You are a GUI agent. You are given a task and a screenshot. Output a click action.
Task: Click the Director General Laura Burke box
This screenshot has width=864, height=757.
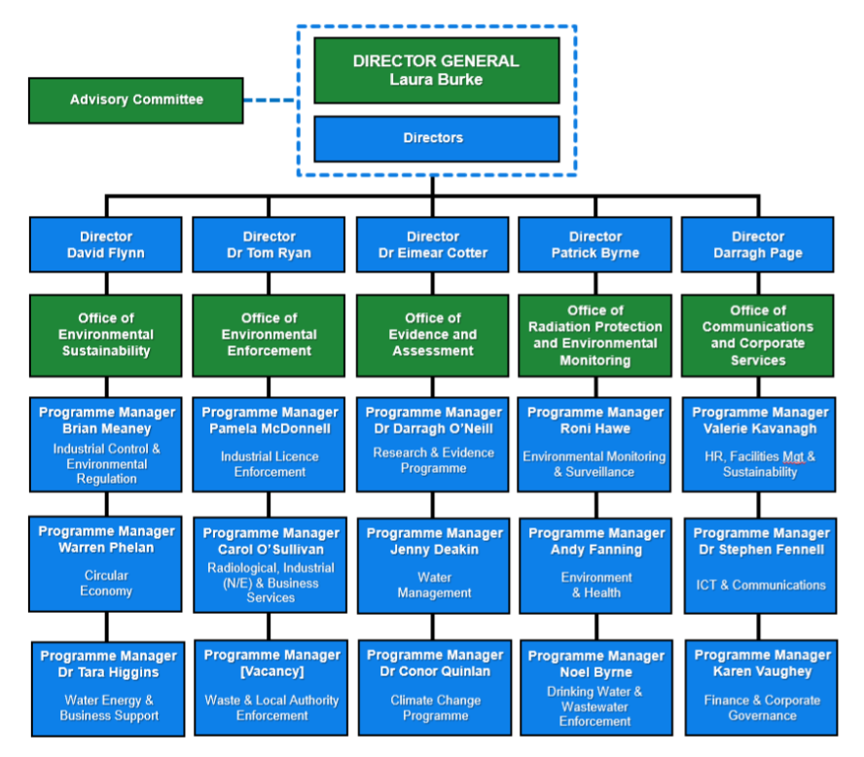pos(436,70)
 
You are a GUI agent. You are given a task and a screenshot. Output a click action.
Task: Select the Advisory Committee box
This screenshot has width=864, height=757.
pos(135,100)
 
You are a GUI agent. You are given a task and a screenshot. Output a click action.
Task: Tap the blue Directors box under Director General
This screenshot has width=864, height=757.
pos(436,138)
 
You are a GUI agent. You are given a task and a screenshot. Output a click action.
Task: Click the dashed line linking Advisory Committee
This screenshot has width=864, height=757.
pos(270,100)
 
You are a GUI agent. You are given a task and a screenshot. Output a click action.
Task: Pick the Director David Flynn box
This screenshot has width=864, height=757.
pos(106,244)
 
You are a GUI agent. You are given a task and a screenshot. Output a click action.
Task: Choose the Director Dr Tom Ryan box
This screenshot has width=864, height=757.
pos(269,244)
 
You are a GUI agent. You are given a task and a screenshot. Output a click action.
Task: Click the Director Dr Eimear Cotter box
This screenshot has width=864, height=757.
pos(432,244)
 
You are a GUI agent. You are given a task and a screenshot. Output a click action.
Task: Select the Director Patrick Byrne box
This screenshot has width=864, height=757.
pos(594,244)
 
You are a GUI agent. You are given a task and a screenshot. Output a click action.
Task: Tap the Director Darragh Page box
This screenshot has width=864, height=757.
pos(758,244)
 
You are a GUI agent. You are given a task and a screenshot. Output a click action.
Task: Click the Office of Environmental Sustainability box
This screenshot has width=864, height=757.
pos(106,335)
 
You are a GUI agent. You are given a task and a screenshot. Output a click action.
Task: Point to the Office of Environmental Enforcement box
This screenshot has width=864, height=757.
pos(269,335)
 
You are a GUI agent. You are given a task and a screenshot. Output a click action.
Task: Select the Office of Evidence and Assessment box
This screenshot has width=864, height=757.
pos(432,335)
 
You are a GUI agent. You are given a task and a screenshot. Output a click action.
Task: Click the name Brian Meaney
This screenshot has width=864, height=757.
pos(107,428)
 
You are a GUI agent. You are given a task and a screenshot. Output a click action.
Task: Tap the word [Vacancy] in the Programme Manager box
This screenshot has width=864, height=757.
pos(271,671)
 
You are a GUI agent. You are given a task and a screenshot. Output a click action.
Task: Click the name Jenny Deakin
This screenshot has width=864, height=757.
pos(434,550)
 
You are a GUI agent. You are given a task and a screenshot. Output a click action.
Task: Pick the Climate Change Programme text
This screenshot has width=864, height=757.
pos(435,707)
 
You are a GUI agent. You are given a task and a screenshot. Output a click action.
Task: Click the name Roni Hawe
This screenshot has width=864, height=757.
pos(595,428)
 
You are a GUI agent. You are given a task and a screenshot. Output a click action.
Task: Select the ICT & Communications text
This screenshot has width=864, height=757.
pos(761,585)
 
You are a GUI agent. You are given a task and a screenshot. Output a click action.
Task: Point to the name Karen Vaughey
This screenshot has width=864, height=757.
pos(762,671)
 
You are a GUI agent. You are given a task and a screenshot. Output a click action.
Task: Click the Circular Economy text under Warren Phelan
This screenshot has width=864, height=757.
pos(106,583)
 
